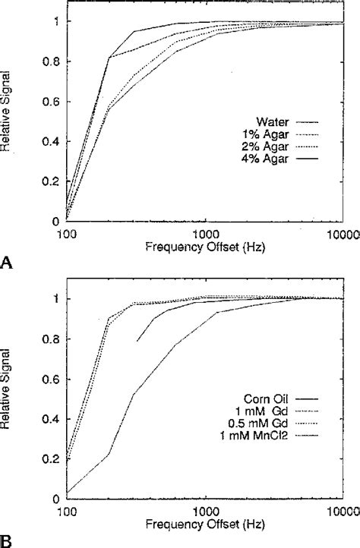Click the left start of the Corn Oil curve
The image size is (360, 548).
pyautogui.click(x=137, y=341)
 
